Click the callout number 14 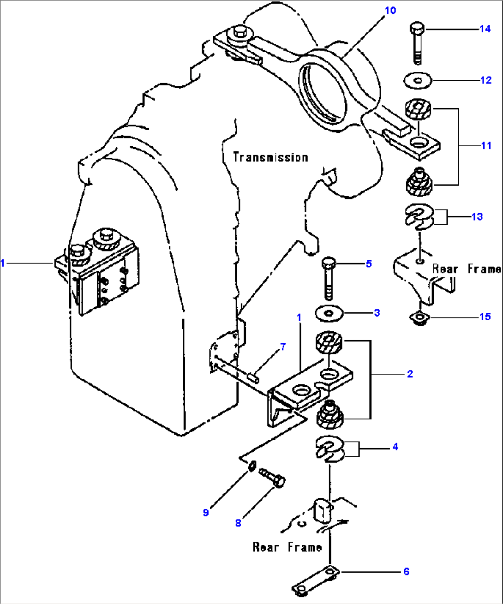pyautogui.click(x=485, y=29)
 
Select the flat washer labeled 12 pyautogui.click(x=418, y=80)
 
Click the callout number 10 pyautogui.click(x=390, y=10)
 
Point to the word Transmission pyautogui.click(x=270, y=157)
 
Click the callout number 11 pyautogui.click(x=486, y=145)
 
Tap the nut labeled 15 pyautogui.click(x=419, y=318)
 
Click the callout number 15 pyautogui.click(x=485, y=317)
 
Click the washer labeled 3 pyautogui.click(x=329, y=314)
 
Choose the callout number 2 pyautogui.click(x=410, y=374)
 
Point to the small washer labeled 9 pyautogui.click(x=252, y=466)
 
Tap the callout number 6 pyautogui.click(x=406, y=571)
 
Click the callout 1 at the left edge pyautogui.click(x=3, y=263)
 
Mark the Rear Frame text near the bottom pyautogui.click(x=287, y=547)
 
